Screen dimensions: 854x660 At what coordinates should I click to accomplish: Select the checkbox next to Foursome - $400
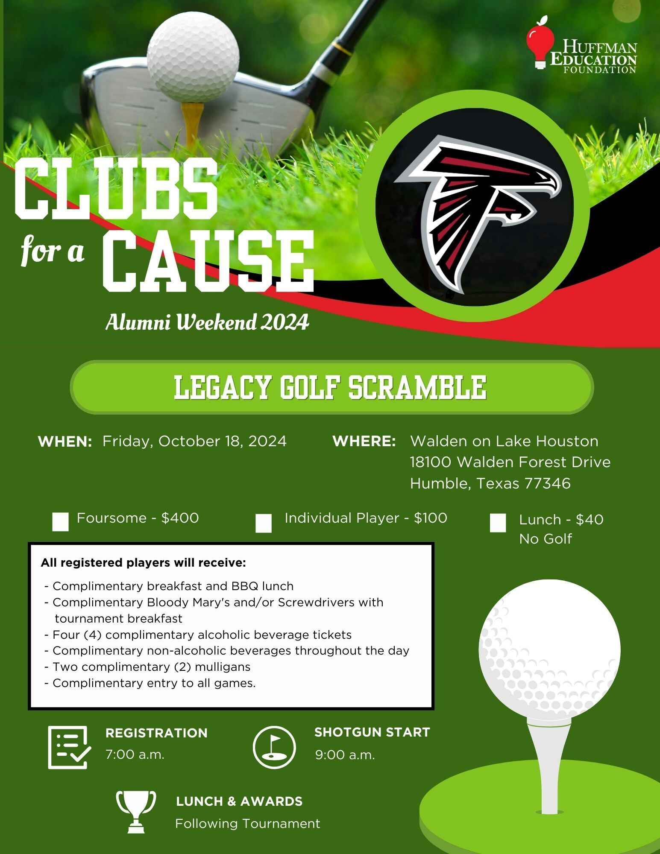[60, 522]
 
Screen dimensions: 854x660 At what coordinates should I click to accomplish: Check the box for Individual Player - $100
[263, 524]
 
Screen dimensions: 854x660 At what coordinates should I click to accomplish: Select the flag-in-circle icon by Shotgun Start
[274, 747]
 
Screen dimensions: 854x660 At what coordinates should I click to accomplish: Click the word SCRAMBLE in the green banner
[417, 388]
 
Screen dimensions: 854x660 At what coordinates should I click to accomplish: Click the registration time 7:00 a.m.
[135, 755]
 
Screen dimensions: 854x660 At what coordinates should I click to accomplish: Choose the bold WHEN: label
[65, 442]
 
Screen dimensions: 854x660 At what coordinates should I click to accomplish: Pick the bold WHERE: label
[364, 442]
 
